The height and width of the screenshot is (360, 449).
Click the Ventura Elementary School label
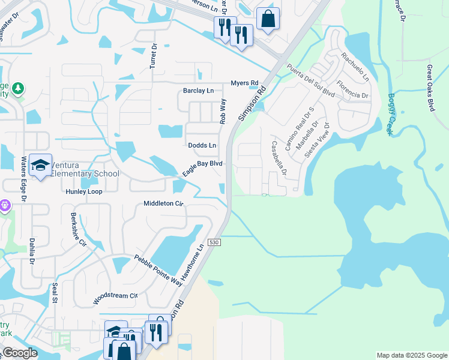click(84, 169)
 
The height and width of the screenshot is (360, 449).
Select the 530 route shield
click(215, 242)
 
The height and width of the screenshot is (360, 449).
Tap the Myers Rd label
click(244, 83)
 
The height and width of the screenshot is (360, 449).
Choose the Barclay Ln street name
click(198, 91)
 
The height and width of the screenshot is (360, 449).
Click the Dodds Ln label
click(202, 145)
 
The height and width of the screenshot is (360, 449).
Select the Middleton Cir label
click(163, 203)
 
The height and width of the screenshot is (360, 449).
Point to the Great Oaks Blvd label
click(430, 88)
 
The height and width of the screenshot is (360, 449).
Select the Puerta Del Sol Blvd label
click(310, 80)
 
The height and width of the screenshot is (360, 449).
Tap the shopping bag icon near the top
click(268, 17)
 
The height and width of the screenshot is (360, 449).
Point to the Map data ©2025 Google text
click(411, 355)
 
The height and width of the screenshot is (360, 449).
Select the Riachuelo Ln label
click(355, 67)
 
